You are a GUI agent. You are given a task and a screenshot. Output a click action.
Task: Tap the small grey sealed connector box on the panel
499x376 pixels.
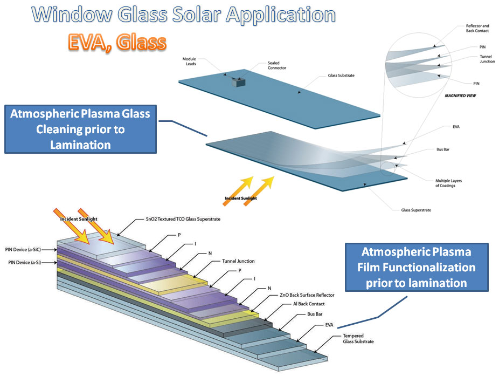click(x=238, y=82)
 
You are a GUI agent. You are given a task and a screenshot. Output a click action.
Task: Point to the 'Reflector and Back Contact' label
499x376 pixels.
click(x=478, y=28)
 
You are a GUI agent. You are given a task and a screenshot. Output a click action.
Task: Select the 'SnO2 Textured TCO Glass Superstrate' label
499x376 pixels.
click(x=184, y=218)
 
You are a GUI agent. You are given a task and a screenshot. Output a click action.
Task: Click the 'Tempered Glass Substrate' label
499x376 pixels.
click(x=358, y=339)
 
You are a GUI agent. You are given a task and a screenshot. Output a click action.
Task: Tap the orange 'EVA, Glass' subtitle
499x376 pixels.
click(x=117, y=42)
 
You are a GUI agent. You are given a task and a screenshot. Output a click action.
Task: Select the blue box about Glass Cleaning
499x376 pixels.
click(x=80, y=129)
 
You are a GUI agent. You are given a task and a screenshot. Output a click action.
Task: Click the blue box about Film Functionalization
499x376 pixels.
click(x=415, y=267)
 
